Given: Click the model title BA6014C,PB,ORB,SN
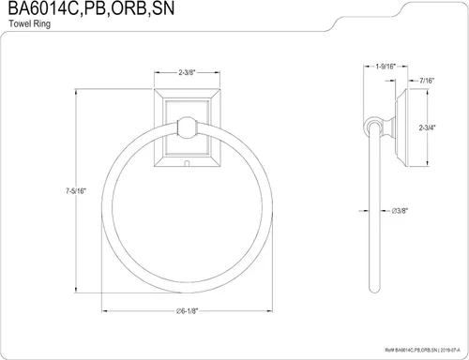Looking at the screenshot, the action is coord(91,8).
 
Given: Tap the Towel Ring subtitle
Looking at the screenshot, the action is coord(30,23).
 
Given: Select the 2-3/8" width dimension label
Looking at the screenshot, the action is coord(187,72).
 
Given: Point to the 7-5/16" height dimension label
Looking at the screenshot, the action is coord(76,191).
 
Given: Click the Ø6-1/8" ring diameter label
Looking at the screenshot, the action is coord(187,311).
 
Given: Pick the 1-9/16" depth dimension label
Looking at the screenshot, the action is coord(386,67).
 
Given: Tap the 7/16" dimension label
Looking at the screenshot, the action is coord(427,81).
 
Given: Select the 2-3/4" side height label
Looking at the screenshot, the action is coord(427,127).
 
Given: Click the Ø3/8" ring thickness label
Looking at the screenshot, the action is coord(400,211).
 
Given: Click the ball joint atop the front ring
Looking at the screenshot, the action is coord(187,127).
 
